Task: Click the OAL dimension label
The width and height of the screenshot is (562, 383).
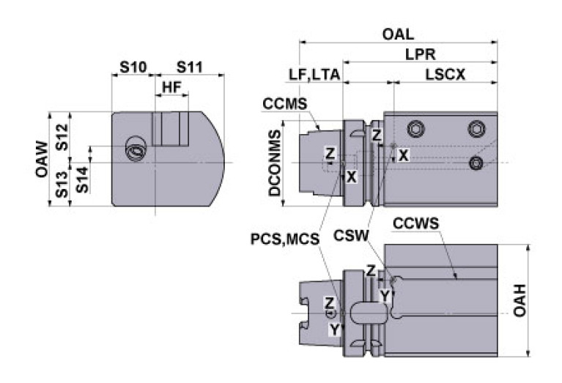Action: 398,34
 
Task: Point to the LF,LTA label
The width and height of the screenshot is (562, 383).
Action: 314,75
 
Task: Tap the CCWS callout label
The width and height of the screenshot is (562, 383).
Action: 415,222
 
